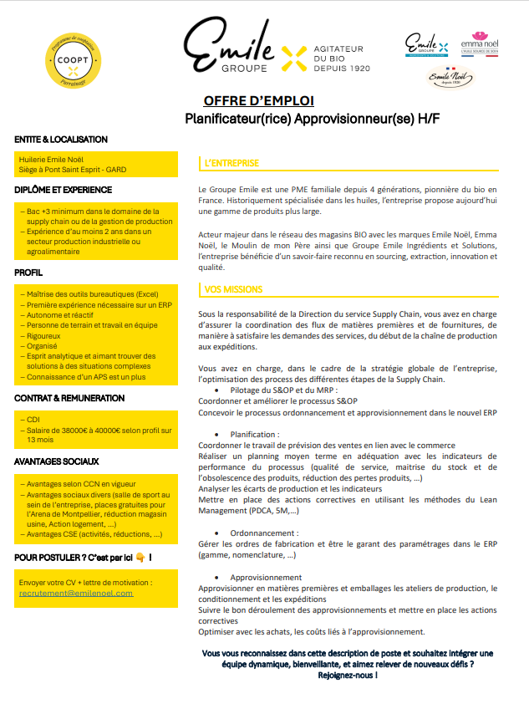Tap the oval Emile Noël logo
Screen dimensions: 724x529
[x=451, y=79]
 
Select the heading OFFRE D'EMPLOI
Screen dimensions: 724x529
[x=259, y=100]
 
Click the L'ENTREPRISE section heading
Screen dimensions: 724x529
[x=232, y=163]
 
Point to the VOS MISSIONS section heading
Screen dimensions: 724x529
[x=234, y=289]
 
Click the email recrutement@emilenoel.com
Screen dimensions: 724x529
[x=75, y=593]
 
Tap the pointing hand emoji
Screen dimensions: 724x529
[x=140, y=558]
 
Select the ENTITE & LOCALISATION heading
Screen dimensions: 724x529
[x=61, y=140]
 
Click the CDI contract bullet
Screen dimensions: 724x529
[x=33, y=420]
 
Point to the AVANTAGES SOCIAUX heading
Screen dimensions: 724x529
[x=57, y=461]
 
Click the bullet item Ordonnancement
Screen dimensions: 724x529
[x=264, y=533]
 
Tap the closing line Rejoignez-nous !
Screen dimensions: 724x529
[x=346, y=675]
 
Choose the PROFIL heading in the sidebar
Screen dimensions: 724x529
[x=28, y=273]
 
